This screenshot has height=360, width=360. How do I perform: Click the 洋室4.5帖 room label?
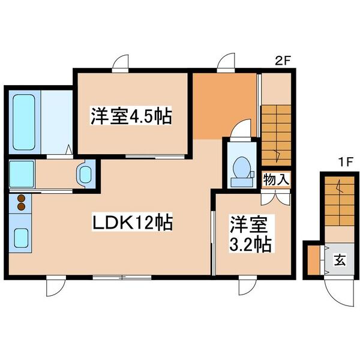pyautogui.click(x=131, y=115)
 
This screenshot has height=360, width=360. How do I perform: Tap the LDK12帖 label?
pyautogui.click(x=132, y=222)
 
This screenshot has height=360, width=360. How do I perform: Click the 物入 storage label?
pyautogui.click(x=276, y=180)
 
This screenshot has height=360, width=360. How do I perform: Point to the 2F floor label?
pyautogui.click(x=283, y=61)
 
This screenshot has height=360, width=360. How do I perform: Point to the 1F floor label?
pyautogui.click(x=345, y=163)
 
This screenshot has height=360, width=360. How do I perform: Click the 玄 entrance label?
pyautogui.click(x=340, y=260)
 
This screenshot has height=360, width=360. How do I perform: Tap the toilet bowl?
pyautogui.click(x=241, y=167)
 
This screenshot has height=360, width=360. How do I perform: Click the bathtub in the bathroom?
pyautogui.click(x=24, y=122)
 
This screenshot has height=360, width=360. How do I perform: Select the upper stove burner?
pyautogui.click(x=21, y=199)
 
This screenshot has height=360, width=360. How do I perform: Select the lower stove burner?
pyautogui.click(x=21, y=206)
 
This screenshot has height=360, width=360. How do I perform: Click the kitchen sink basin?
pyautogui.click(x=21, y=238)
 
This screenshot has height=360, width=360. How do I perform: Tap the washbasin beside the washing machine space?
pyautogui.click(x=85, y=175)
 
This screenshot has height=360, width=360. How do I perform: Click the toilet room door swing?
pyautogui.click(x=241, y=128)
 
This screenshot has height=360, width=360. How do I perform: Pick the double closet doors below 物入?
pyautogui.click(x=275, y=199)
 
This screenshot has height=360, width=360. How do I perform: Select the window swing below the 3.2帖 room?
pyautogui.click(x=247, y=287)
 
